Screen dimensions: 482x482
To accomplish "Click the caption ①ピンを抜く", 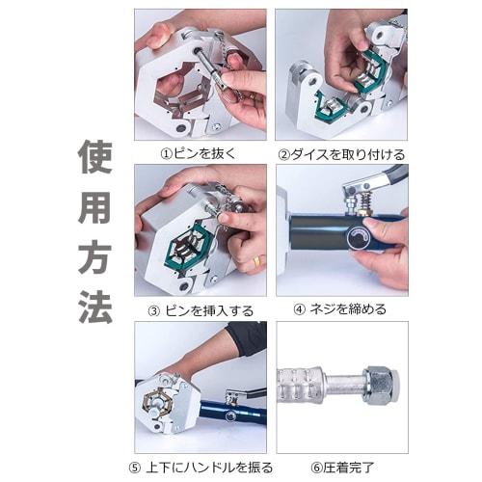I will [199, 153].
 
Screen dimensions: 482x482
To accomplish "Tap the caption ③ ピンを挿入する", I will [201, 309].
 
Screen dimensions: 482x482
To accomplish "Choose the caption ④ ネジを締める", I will [340, 309].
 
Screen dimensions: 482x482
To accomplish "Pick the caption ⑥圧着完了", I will [339, 468].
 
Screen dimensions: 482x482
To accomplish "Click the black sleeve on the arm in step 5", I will [247, 338].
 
